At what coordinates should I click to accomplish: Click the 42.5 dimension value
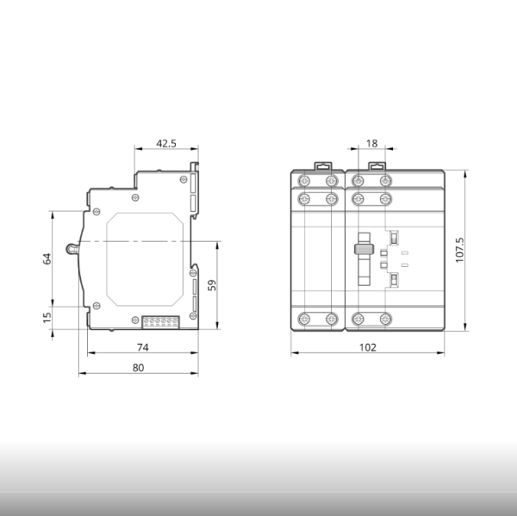point(166,143)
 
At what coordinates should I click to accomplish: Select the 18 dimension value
point(371,143)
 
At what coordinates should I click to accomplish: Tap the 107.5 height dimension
point(459,250)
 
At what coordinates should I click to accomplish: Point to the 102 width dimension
point(367,347)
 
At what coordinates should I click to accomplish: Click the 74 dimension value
point(143,347)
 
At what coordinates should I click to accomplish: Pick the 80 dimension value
point(138,368)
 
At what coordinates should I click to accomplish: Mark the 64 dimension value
point(47,258)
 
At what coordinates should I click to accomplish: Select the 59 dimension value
point(212,285)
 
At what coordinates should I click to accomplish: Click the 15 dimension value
point(47,318)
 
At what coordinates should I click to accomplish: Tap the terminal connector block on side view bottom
point(160,322)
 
